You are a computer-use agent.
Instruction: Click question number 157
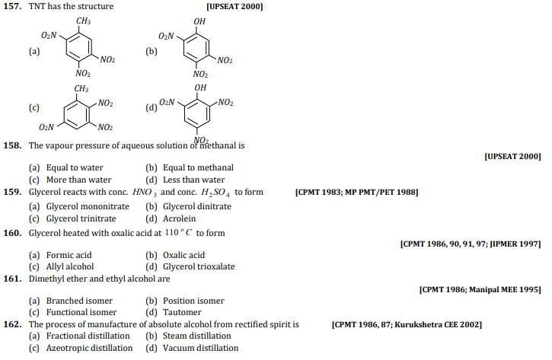click(x=14, y=7)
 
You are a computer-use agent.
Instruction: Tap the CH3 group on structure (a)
click(x=84, y=21)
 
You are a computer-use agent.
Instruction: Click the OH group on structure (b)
click(x=199, y=21)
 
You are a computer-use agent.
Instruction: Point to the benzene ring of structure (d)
click(x=199, y=113)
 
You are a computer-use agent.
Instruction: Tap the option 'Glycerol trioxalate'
click(x=199, y=267)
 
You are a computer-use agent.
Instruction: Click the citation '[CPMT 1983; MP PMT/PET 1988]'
click(x=356, y=193)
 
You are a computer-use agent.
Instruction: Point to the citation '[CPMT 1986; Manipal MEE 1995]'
click(x=480, y=290)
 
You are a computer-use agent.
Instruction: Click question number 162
click(x=14, y=325)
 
